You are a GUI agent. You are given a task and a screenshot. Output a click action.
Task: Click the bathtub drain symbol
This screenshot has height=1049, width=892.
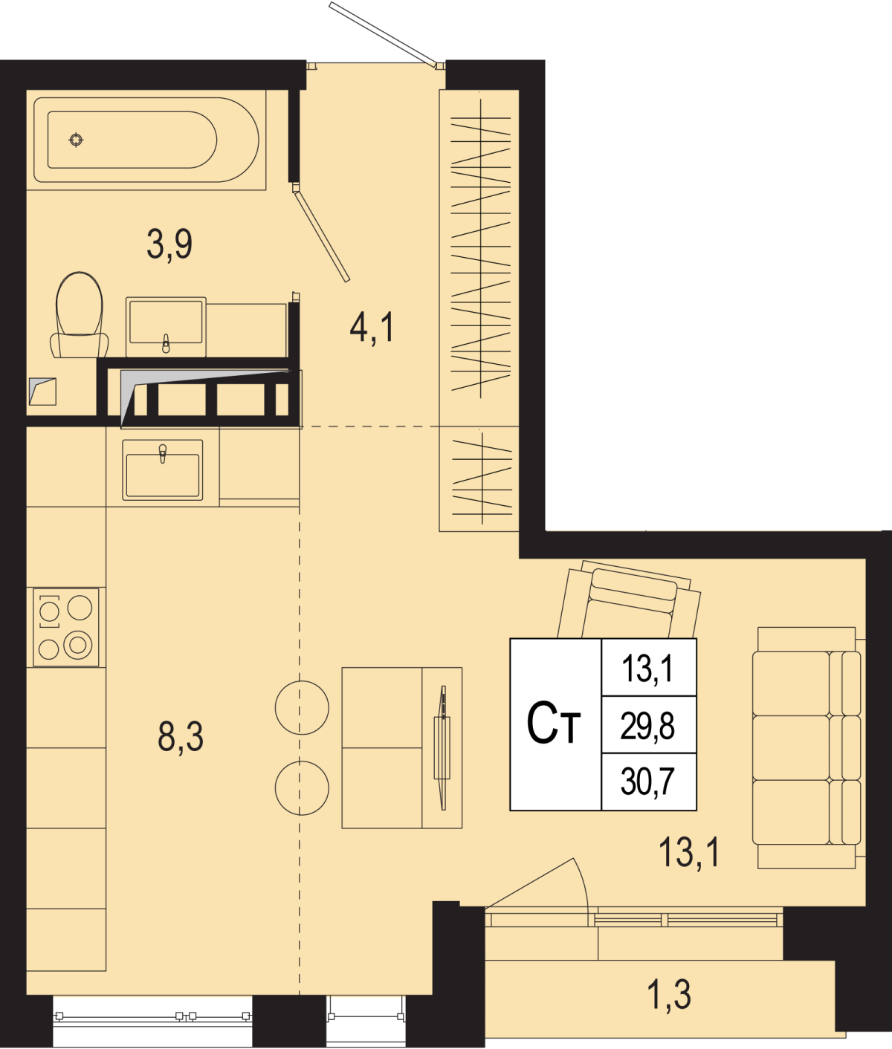click(76, 140)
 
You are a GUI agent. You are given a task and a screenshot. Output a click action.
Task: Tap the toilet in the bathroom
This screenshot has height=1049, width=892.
click(80, 315)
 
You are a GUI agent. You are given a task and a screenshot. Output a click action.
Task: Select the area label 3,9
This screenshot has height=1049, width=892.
click(169, 244)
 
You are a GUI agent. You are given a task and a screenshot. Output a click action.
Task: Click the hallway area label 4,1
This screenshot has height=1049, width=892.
click(372, 328)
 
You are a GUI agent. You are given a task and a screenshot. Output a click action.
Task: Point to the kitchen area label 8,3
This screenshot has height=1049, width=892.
click(181, 737)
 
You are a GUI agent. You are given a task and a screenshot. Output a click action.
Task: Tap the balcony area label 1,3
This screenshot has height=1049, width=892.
click(670, 996)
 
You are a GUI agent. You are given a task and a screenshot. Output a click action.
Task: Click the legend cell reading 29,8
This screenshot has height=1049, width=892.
click(647, 727)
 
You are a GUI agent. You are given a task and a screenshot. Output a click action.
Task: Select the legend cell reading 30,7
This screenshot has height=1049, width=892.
click(647, 782)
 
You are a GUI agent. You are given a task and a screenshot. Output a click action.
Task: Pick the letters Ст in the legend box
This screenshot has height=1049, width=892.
click(554, 723)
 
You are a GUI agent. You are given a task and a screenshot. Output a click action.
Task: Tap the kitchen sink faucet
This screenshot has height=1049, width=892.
click(163, 454)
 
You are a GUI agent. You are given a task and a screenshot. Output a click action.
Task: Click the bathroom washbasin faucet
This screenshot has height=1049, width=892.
click(166, 343)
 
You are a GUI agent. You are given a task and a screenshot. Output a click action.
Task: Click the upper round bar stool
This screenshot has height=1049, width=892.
click(302, 707)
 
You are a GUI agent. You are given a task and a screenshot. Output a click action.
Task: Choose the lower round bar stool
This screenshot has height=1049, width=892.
click(302, 787)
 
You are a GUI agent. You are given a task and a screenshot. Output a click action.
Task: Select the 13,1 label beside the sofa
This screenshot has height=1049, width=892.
click(689, 853)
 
